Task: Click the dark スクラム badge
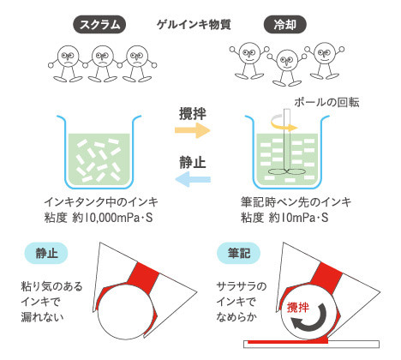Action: [99, 25]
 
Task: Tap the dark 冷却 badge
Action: [284, 25]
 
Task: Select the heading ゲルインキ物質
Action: [194, 25]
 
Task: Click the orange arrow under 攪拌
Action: [193, 130]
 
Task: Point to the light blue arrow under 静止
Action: [193, 179]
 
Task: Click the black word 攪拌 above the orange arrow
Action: [193, 113]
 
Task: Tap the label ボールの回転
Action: [326, 102]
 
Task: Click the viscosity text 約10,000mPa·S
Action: [112, 218]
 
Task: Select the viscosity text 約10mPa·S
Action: [299, 218]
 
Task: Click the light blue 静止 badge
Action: [46, 253]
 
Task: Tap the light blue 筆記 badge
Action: [239, 253]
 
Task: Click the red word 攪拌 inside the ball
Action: [298, 307]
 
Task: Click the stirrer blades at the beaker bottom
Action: [286, 172]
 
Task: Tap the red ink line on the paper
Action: [288, 341]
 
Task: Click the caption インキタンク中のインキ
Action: [101, 202]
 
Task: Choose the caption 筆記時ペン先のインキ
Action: [296, 202]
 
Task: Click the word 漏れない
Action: [42, 317]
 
